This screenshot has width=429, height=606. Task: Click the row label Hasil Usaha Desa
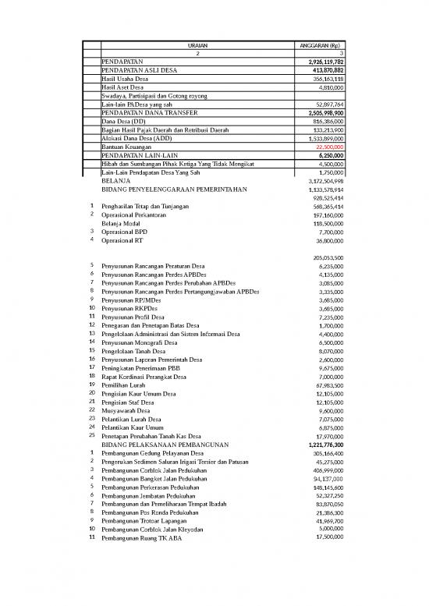pyautogui.click(x=129, y=79)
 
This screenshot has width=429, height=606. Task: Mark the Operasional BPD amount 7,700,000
pyautogui.click(x=328, y=232)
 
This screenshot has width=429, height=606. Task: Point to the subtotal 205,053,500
pyautogui.click(x=324, y=257)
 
